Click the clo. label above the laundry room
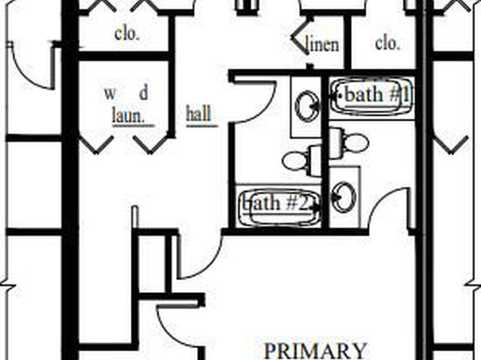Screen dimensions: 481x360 [x=127, y=34]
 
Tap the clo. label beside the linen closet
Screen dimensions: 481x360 [x=387, y=44]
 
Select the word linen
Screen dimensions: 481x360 [x=323, y=44]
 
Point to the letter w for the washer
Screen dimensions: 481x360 [x=111, y=94]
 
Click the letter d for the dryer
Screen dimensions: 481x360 [x=144, y=93]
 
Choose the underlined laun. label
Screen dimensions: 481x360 [x=129, y=115]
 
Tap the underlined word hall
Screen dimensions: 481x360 [x=199, y=113]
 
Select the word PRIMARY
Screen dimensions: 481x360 [x=315, y=351]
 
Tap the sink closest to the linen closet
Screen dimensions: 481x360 [x=307, y=106]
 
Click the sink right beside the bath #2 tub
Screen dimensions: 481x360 [x=344, y=197]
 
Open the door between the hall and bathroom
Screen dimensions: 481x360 [x=259, y=101]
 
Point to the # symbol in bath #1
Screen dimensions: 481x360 [x=393, y=94]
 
